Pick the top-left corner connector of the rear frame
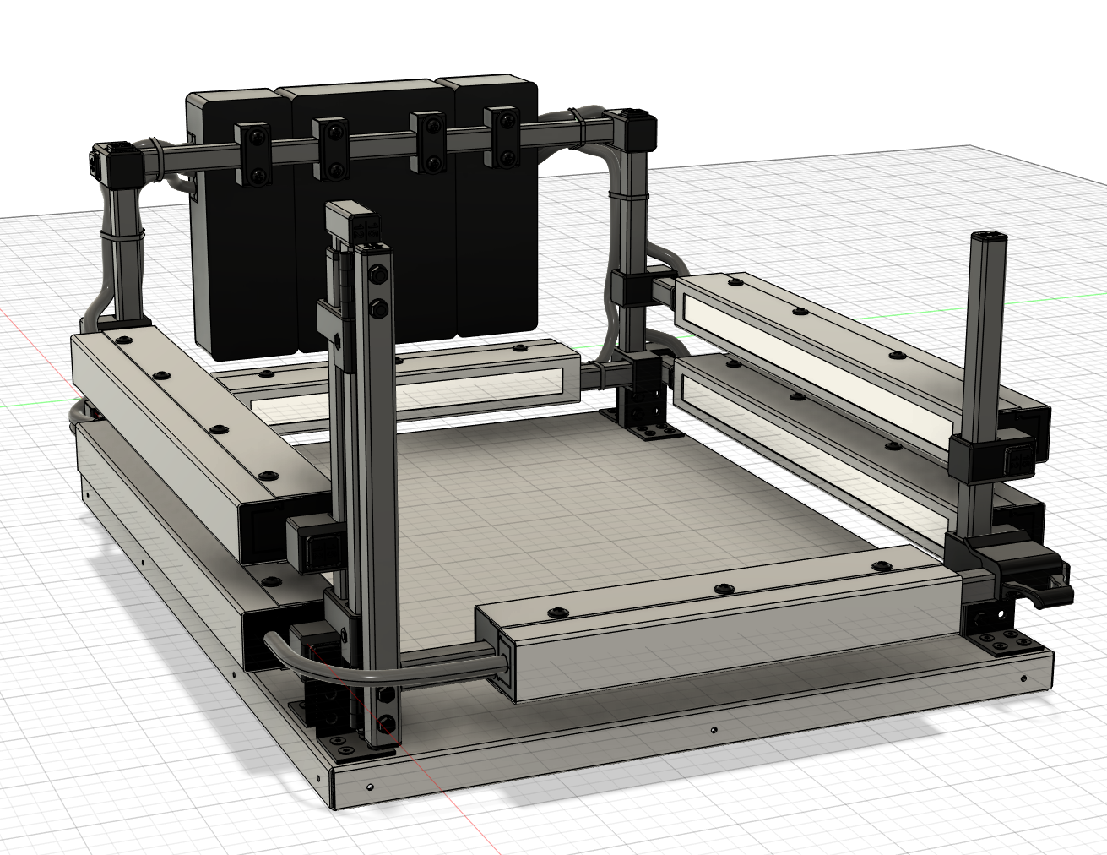112,162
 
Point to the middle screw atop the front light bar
719,587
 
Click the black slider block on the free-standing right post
984,456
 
